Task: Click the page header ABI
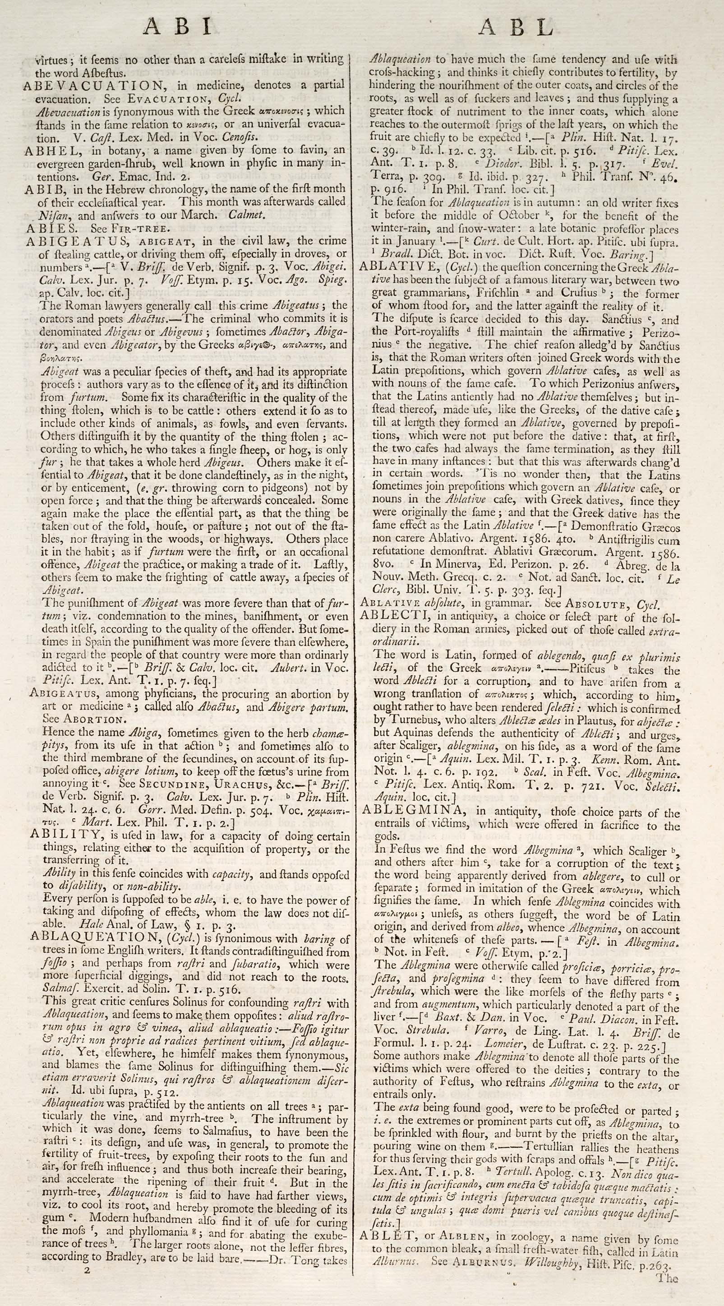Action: click(177, 26)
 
